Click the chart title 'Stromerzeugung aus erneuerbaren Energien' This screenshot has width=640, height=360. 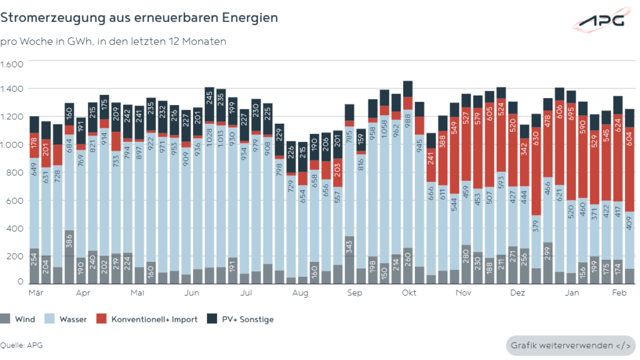tap(139, 17)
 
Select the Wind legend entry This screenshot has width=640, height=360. tap(19, 319)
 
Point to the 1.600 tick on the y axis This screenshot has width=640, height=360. tap(12, 64)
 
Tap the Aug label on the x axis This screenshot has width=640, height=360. tap(301, 292)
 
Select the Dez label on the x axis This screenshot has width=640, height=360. tap(517, 292)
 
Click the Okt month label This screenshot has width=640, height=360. tap(409, 292)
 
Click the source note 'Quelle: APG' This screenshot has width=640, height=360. tap(22, 345)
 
